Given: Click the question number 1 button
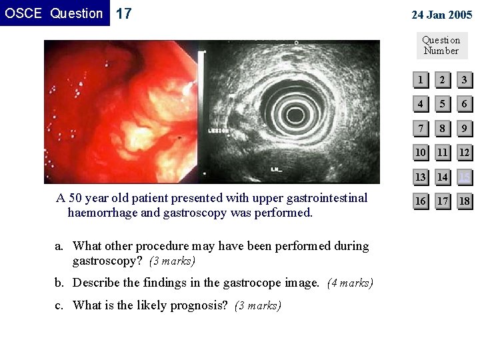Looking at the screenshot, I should tap(420, 81).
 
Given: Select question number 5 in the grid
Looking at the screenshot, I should tap(442, 105).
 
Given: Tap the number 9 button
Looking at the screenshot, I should tap(464, 129).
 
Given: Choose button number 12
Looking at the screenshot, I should tap(464, 153).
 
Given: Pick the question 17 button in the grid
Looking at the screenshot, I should tap(442, 201).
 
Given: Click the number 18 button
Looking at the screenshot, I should tap(464, 201).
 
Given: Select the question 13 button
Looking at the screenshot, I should tap(420, 177).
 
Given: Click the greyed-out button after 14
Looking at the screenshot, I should tap(464, 177).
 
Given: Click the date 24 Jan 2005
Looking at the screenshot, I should tap(441, 15).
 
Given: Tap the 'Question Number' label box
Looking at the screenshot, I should tap(441, 45).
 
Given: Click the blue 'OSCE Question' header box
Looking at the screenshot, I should tap(54, 13).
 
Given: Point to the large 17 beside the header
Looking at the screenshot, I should tap(124, 13).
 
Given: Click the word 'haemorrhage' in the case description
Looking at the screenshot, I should tap(103, 213).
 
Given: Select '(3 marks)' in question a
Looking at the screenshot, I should tap(171, 261).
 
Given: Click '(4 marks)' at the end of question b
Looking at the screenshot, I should tap(350, 283).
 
